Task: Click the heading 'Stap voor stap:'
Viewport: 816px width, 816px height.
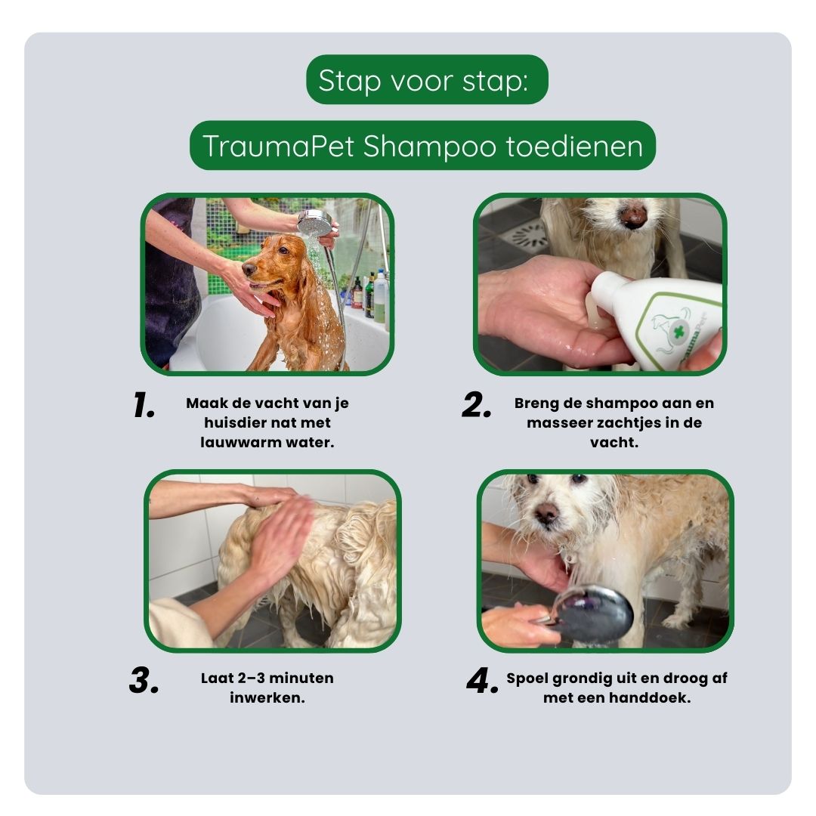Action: [x=426, y=80]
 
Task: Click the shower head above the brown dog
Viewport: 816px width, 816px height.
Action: [x=315, y=223]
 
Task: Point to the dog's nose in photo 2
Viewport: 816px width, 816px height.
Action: [x=632, y=215]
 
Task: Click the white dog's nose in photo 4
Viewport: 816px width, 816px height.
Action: [x=546, y=513]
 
